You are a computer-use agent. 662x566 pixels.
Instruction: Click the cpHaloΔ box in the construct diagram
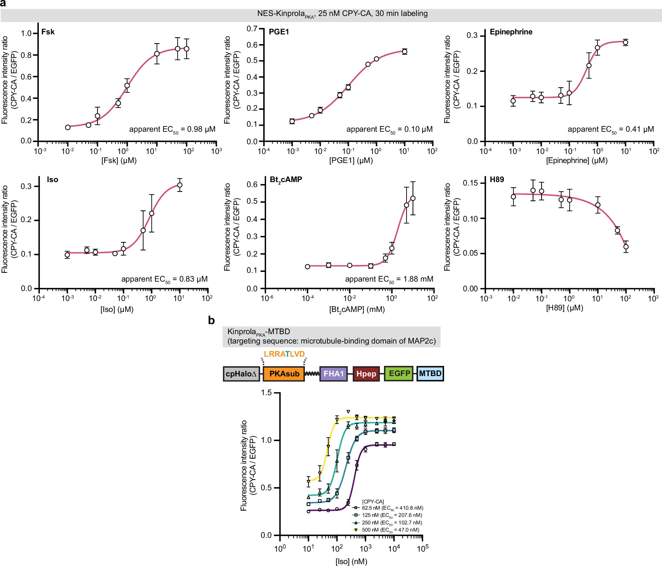point(241,374)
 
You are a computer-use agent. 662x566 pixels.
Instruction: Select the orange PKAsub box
point(284,374)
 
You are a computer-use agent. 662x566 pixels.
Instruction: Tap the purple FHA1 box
point(333,374)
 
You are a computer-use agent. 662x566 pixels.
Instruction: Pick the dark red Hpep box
point(366,374)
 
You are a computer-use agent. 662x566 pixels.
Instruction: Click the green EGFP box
point(399,373)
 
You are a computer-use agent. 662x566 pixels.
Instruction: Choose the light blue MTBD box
point(430,373)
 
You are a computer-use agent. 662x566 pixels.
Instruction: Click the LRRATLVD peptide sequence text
point(284,354)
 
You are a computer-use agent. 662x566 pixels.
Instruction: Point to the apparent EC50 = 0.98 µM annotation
point(172,129)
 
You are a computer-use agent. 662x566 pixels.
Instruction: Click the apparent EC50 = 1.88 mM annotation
point(389,279)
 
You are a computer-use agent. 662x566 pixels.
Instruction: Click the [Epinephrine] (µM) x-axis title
point(577,160)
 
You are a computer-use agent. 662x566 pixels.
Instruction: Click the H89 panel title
point(497,180)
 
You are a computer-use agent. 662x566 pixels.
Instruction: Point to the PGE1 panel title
point(279,32)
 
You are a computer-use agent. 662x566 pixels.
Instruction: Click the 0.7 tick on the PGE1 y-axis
point(252,29)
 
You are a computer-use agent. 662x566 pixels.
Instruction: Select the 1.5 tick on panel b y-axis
point(266,393)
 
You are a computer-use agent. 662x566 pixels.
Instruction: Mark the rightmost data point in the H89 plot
point(626,247)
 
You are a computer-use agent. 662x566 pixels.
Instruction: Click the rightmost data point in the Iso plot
point(180,185)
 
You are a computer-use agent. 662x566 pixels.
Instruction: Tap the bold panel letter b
point(211,320)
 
